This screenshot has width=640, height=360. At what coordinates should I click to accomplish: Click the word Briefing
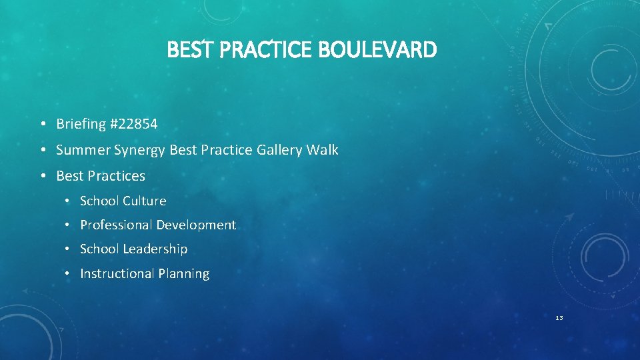pyautogui.click(x=81, y=124)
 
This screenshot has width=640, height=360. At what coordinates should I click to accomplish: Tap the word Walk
pyautogui.click(x=322, y=150)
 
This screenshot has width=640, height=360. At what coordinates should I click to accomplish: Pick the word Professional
pyautogui.click(x=113, y=225)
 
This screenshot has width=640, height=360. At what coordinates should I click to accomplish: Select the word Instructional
pyautogui.click(x=115, y=274)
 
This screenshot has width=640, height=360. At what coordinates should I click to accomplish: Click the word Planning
pyautogui.click(x=183, y=274)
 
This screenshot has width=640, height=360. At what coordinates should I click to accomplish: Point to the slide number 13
pyautogui.click(x=559, y=318)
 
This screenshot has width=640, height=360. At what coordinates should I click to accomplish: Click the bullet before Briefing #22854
pyautogui.click(x=42, y=125)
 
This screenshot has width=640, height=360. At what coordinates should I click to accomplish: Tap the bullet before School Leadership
pyautogui.click(x=68, y=249)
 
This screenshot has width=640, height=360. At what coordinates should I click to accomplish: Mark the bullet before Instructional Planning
pyautogui.click(x=68, y=274)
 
